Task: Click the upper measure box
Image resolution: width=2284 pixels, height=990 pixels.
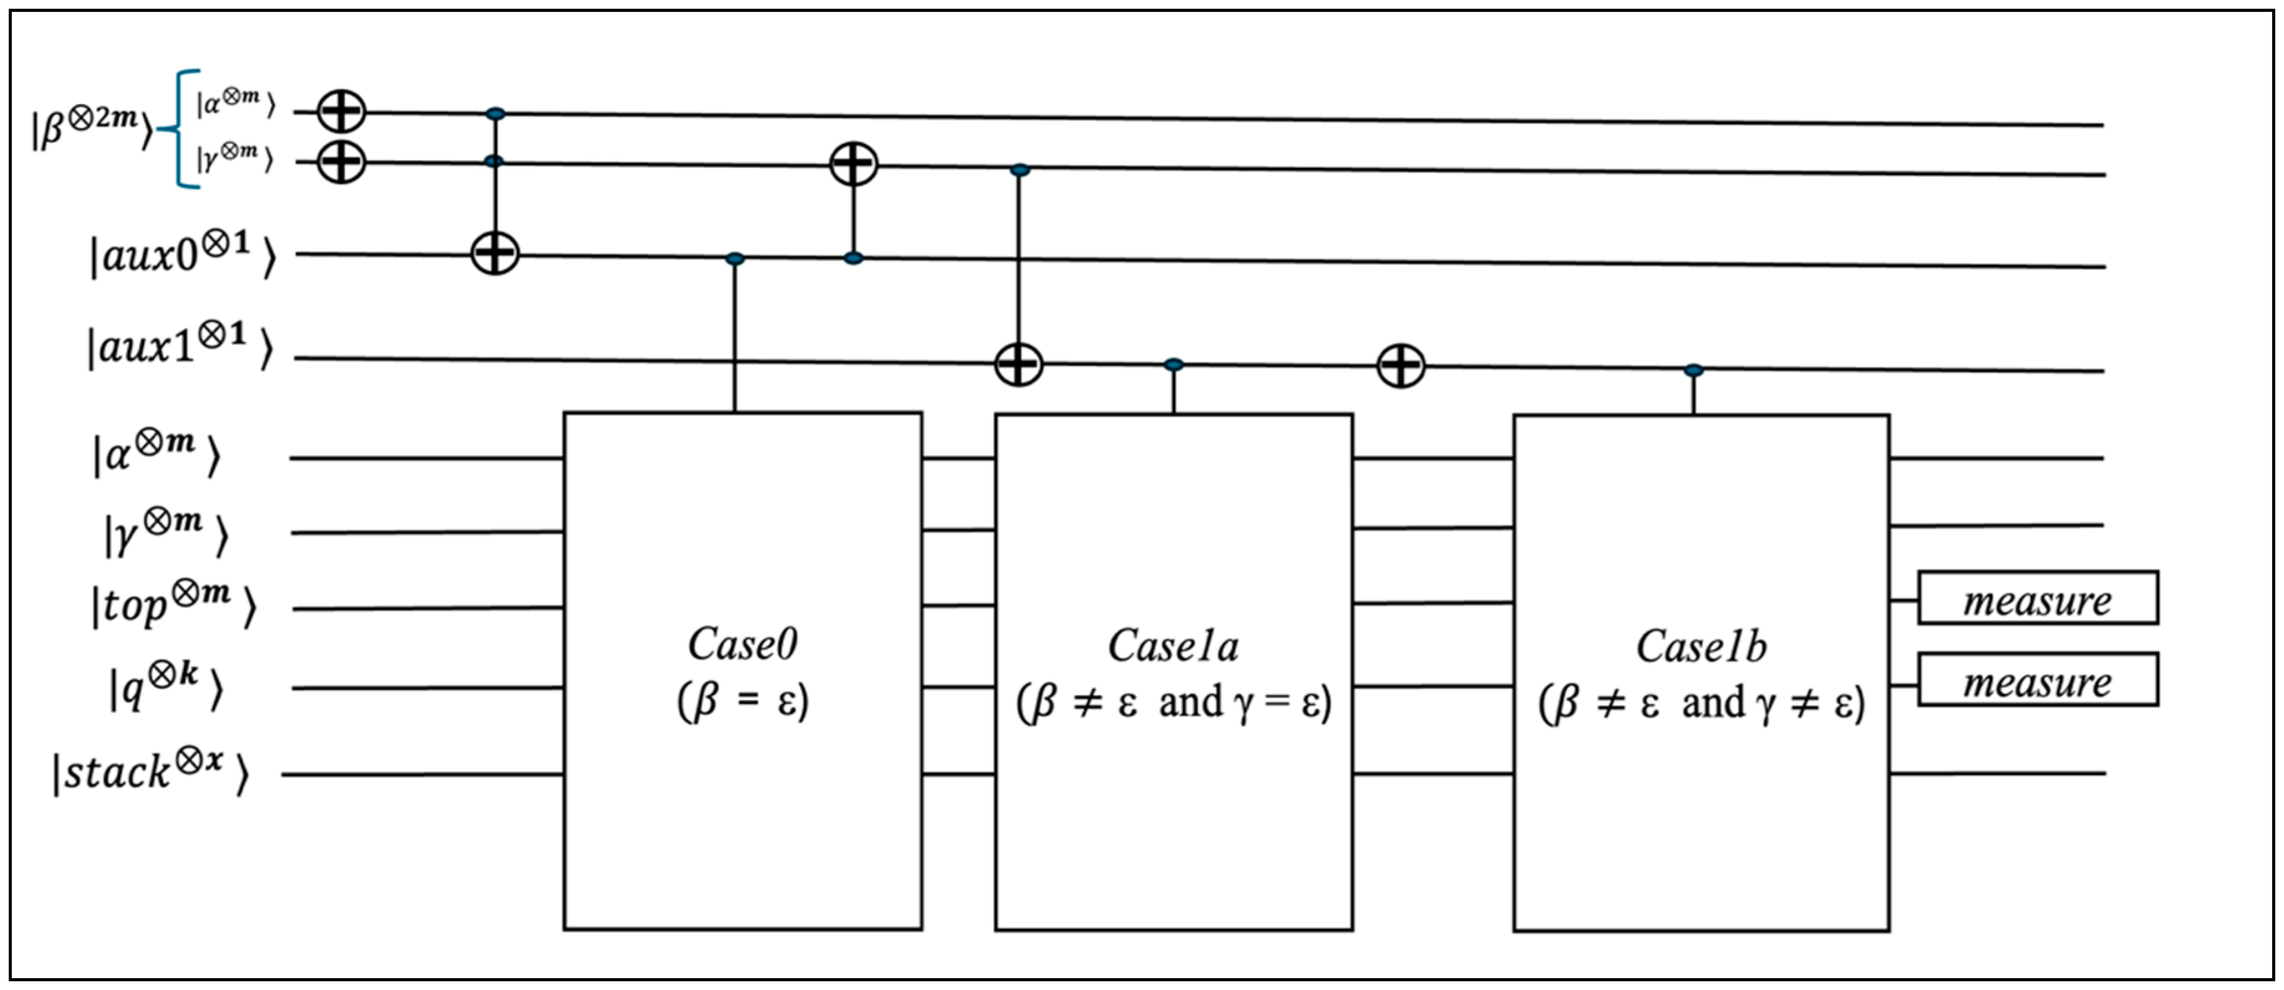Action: pyautogui.click(x=2038, y=599)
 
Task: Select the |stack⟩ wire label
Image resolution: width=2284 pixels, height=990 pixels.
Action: pyautogui.click(x=151, y=773)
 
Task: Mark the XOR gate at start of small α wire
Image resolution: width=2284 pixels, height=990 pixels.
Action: pyautogui.click(x=341, y=112)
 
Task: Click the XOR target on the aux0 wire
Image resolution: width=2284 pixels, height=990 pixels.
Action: pyautogui.click(x=494, y=254)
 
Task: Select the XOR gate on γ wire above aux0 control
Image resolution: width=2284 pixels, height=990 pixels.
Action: pyautogui.click(x=853, y=164)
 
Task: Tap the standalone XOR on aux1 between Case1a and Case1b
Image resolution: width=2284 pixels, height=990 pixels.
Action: pyautogui.click(x=1401, y=365)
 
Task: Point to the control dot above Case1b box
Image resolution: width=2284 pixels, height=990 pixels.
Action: pyautogui.click(x=1694, y=370)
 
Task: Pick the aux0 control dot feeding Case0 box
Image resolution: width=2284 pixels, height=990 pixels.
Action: pyautogui.click(x=735, y=259)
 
